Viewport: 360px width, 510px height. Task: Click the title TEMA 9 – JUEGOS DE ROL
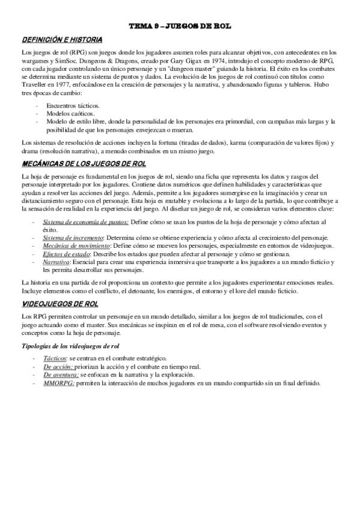point(180,27)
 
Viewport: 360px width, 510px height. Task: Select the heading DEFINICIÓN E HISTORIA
point(53,39)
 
